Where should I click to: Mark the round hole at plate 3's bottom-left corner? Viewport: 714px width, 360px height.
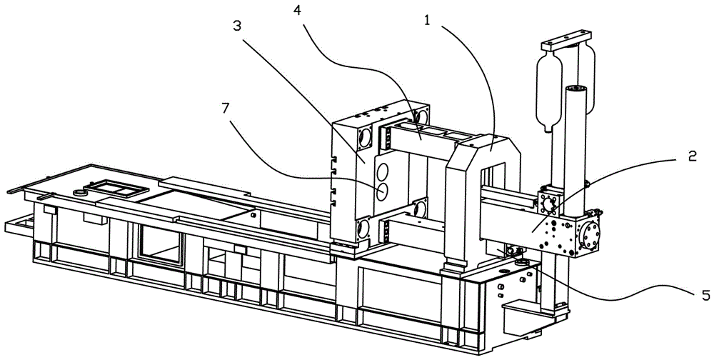[x=364, y=228]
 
